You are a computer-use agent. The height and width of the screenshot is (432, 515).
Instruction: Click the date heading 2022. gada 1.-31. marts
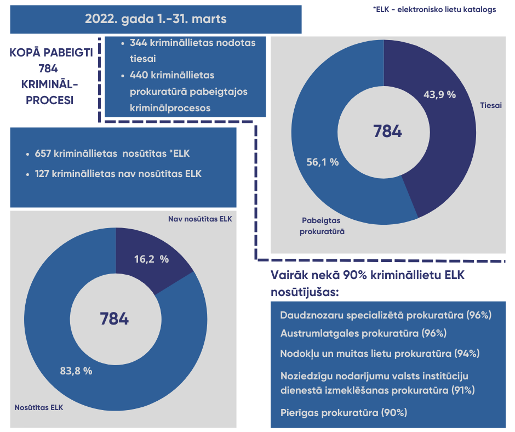click(x=156, y=19)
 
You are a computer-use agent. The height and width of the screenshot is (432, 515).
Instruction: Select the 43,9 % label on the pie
click(x=439, y=94)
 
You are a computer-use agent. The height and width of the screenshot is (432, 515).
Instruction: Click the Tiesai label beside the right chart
click(x=490, y=105)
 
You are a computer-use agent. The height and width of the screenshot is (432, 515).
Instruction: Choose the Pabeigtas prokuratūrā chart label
click(x=322, y=226)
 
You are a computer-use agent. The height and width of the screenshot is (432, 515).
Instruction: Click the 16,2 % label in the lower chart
click(x=151, y=259)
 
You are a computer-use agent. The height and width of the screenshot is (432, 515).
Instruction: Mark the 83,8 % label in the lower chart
click(x=76, y=371)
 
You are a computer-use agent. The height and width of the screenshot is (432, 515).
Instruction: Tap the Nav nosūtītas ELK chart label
click(x=200, y=219)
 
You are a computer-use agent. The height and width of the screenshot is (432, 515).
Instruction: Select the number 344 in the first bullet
click(x=139, y=43)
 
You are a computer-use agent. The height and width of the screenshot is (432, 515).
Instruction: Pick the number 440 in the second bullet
click(x=139, y=75)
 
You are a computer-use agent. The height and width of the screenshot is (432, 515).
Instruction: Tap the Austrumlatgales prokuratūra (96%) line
click(x=363, y=333)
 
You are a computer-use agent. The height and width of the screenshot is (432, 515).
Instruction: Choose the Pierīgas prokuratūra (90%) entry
click(x=344, y=413)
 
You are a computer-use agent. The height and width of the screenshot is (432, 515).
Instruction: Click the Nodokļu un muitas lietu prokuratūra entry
click(x=380, y=354)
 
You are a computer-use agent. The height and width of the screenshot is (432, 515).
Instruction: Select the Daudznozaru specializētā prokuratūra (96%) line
click(x=386, y=315)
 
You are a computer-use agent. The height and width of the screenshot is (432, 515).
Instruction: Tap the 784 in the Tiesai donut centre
click(x=387, y=132)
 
